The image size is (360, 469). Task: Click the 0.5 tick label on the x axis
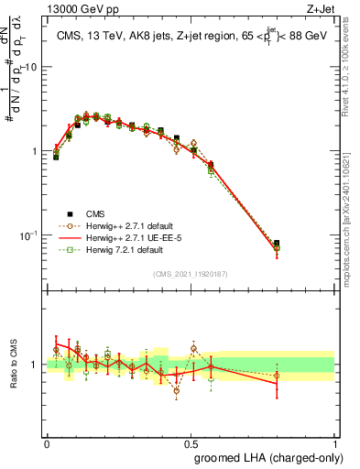tap(191, 442)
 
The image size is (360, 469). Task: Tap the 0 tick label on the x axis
tap(47, 442)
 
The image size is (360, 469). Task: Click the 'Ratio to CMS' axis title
tap(12, 365)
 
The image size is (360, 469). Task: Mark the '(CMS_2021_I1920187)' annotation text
tap(191, 273)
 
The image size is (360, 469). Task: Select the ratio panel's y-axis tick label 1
tap(35, 365)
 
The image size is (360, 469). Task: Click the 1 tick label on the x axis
tap(334, 442)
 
